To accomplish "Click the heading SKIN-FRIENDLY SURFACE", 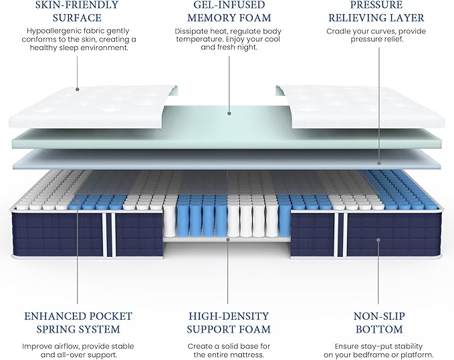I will click(76, 11).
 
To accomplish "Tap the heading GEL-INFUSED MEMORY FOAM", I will click(227, 11).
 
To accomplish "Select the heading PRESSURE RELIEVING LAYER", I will click(378, 11).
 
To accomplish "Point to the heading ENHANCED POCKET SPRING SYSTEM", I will click(78, 323).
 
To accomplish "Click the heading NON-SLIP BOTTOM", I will click(378, 323).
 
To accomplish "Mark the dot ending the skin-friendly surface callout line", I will click(76, 89).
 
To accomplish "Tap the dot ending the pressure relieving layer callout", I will click(378, 162).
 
